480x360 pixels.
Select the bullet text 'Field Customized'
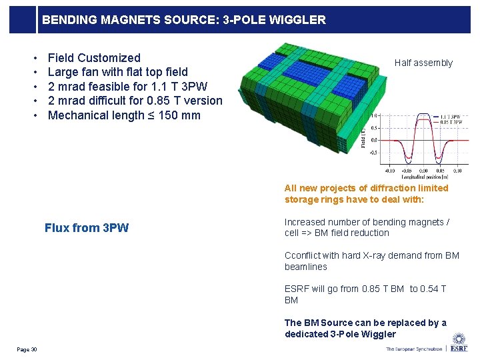pyautogui.click(x=94, y=58)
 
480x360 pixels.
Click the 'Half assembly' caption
pyautogui.click(x=423, y=63)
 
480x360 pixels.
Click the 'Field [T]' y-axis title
pyautogui.click(x=364, y=137)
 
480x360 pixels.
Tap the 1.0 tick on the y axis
pyautogui.click(x=375, y=115)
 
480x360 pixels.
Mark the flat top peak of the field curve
pyautogui.click(x=423, y=116)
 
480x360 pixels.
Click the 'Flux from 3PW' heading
pyautogui.click(x=87, y=228)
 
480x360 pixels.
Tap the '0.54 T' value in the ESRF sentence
pyautogui.click(x=433, y=289)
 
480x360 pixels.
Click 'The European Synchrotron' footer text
pyautogui.click(x=413, y=349)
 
